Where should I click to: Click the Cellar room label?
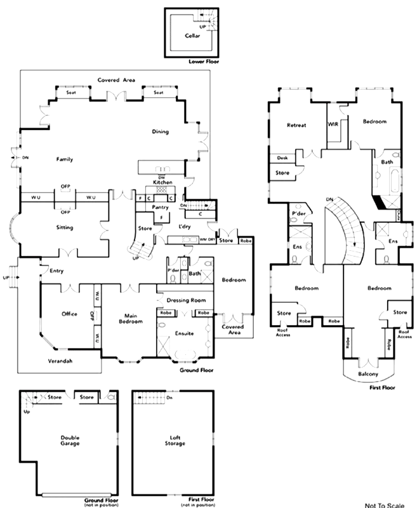pyautogui.click(x=192, y=36)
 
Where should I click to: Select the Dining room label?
pyautogui.click(x=160, y=131)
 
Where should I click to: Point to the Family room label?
pyautogui.click(x=65, y=159)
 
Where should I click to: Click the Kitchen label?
pyautogui.click(x=160, y=182)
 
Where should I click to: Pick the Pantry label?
pyautogui.click(x=160, y=207)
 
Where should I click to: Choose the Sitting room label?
pyautogui.click(x=65, y=227)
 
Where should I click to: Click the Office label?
pyautogui.click(x=69, y=314)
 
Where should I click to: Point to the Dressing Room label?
pyautogui.click(x=183, y=300)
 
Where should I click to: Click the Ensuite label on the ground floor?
pyautogui.click(x=184, y=333)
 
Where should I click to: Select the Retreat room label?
pyautogui.click(x=296, y=125)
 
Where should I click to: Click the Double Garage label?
pyautogui.click(x=70, y=440)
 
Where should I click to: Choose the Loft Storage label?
pyautogui.click(x=173, y=440)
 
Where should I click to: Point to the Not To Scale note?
pyautogui.click(x=387, y=502)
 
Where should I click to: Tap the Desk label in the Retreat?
pyautogui.click(x=281, y=157)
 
